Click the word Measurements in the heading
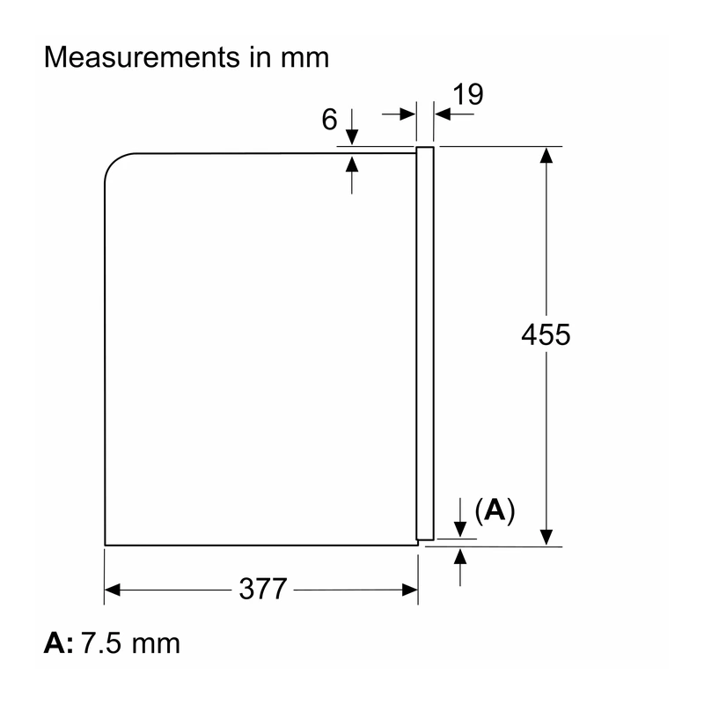click(x=142, y=57)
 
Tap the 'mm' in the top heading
click(x=304, y=58)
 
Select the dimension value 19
click(x=468, y=95)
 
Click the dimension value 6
click(x=329, y=120)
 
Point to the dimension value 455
click(x=546, y=334)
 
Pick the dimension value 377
click(x=262, y=589)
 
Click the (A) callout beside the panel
click(x=495, y=510)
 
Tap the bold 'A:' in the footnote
click(x=58, y=643)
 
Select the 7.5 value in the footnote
click(x=101, y=643)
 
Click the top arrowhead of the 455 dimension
click(x=546, y=155)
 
